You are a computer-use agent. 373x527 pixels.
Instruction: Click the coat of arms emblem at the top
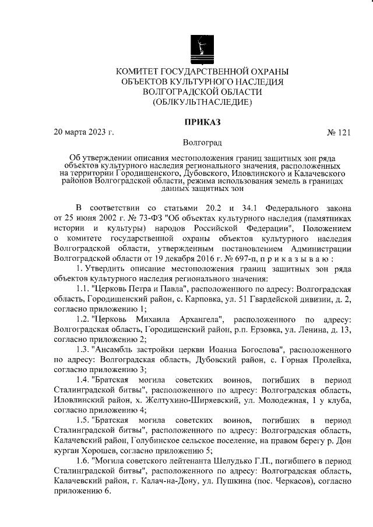[202, 47]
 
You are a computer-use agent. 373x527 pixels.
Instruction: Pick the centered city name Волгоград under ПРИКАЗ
[202, 142]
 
